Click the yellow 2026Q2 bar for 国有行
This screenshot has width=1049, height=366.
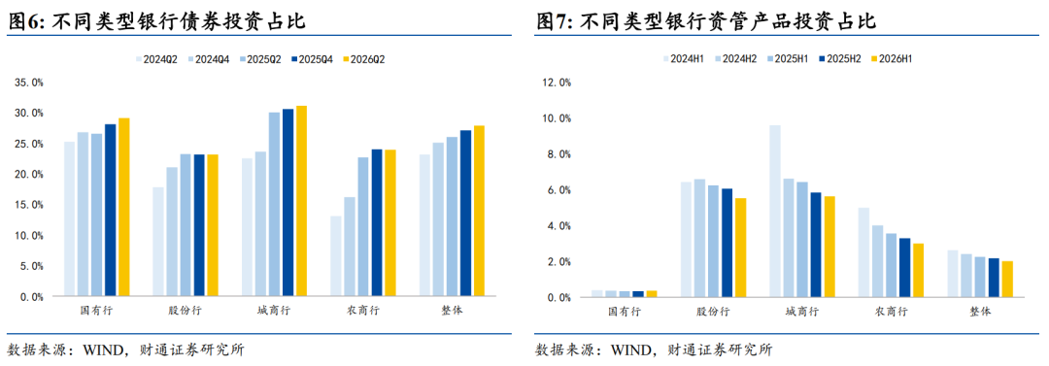click(123, 207)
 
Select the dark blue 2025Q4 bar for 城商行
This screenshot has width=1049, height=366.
click(288, 202)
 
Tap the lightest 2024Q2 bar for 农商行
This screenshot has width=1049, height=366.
click(336, 255)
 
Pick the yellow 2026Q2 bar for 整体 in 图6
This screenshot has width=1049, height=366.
click(480, 211)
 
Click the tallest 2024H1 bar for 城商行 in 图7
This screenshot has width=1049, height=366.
click(775, 211)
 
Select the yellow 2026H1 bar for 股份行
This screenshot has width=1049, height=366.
click(740, 247)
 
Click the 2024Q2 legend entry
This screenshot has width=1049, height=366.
click(156, 59)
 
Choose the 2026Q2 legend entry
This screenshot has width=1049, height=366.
click(364, 59)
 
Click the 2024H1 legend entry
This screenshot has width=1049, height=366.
click(683, 59)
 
